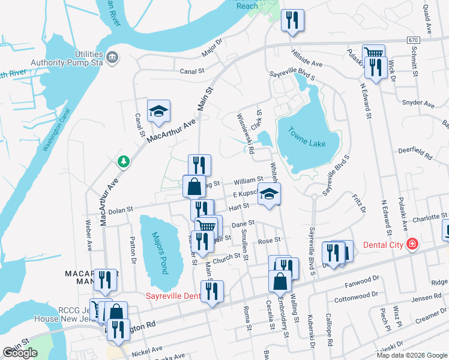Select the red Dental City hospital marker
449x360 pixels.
412,244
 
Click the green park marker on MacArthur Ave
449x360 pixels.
124,161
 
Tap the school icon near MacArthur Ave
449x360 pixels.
159,111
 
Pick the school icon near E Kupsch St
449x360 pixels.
270,193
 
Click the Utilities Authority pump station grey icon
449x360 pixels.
112,57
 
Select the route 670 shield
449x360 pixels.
412,40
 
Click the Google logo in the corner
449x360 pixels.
20,353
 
